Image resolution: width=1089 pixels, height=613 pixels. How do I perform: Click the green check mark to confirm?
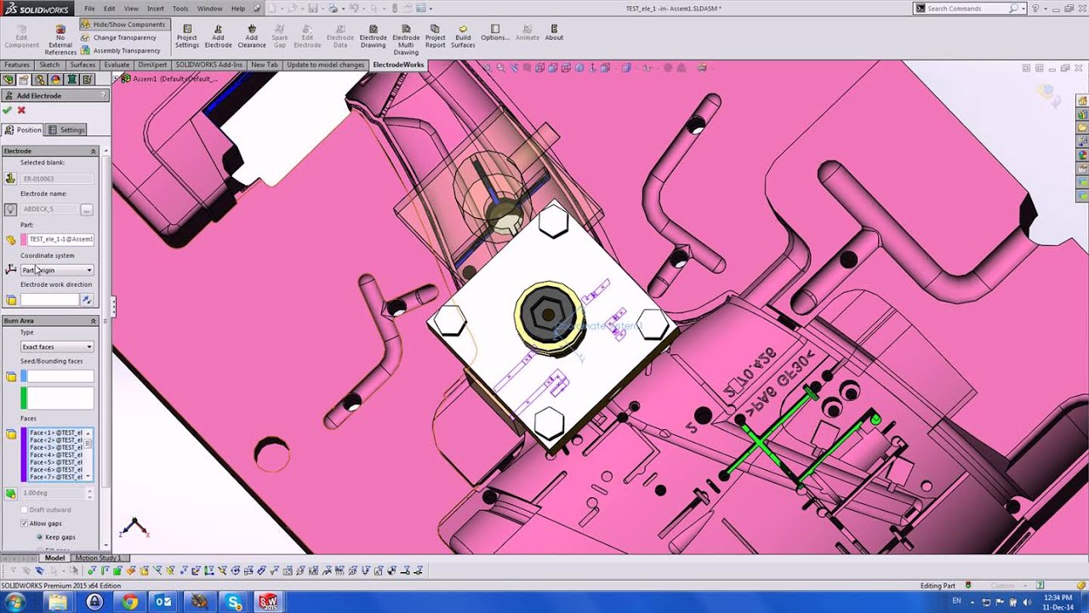(x=8, y=111)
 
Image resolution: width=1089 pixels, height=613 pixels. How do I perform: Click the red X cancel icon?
(x=21, y=111)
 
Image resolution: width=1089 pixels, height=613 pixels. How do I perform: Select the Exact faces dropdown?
(x=56, y=347)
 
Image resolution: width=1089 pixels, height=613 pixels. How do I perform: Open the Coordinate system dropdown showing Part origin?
(x=56, y=270)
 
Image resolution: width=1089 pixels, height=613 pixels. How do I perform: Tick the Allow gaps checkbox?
(x=24, y=524)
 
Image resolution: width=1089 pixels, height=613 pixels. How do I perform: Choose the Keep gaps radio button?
(x=38, y=537)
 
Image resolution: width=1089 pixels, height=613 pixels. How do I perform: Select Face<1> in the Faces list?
(x=55, y=433)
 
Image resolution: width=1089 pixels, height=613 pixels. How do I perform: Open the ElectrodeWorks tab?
(x=397, y=65)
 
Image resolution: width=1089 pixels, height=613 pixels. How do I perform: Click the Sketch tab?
(x=49, y=65)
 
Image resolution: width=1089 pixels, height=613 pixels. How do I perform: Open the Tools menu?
(x=180, y=9)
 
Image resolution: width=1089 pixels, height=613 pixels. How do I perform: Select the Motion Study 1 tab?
(x=98, y=559)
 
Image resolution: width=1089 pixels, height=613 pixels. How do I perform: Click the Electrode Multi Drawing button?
(x=406, y=39)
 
